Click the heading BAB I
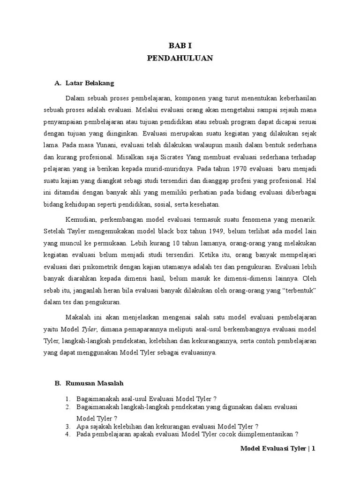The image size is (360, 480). [180, 46]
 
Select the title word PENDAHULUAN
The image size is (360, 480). [180, 59]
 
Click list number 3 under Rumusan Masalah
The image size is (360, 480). [67, 426]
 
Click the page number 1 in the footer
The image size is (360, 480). [314, 449]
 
